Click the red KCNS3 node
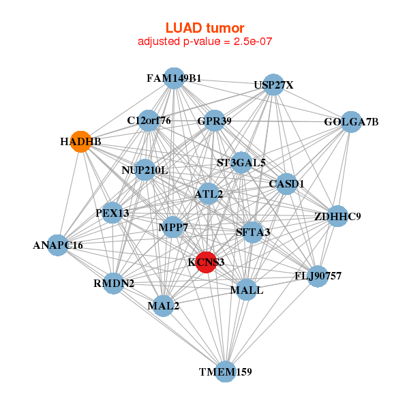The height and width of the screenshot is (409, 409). click(x=206, y=262)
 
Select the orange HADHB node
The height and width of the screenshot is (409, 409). click(x=81, y=142)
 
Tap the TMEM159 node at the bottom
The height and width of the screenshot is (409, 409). click(x=226, y=372)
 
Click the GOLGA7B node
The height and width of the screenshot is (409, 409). click(x=351, y=122)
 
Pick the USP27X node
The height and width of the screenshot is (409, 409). click(x=273, y=85)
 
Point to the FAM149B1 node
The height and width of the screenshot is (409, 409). click(x=174, y=78)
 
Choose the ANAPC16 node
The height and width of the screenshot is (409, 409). click(x=58, y=245)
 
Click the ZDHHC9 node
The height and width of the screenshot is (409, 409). click(x=337, y=217)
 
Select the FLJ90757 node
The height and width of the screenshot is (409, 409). click(x=318, y=276)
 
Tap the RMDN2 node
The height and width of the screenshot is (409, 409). click(x=114, y=283)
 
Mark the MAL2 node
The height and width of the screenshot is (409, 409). click(x=164, y=305)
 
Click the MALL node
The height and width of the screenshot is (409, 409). click(x=247, y=290)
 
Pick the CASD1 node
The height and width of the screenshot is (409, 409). click(x=286, y=184)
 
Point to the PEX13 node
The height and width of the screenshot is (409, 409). click(x=112, y=213)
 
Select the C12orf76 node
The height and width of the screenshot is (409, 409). click(x=149, y=121)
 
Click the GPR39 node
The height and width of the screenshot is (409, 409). click(x=215, y=121)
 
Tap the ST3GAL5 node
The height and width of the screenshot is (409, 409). click(x=241, y=163)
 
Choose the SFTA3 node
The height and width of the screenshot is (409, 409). click(x=253, y=232)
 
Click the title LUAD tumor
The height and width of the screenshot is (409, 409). click(x=204, y=28)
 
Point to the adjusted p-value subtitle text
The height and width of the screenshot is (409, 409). click(x=204, y=42)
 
